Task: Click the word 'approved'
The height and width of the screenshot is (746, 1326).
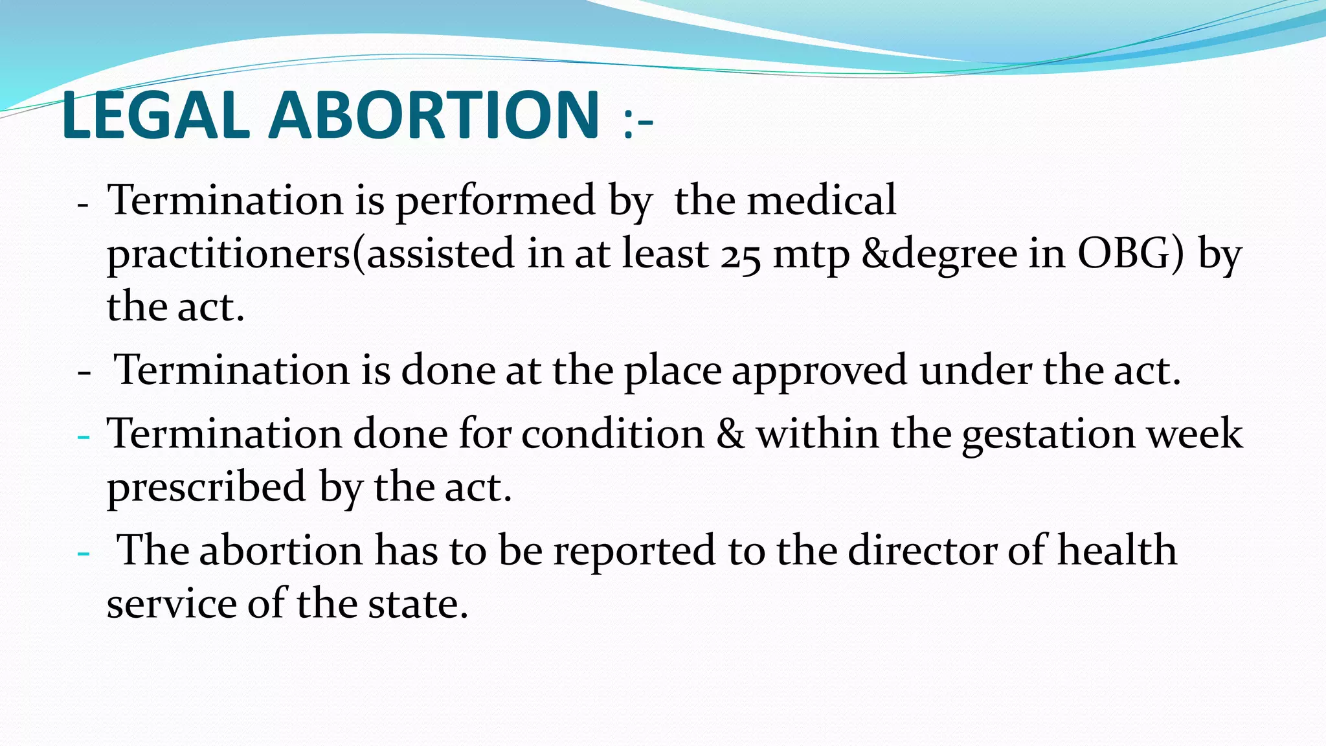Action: pyautogui.click(x=820, y=372)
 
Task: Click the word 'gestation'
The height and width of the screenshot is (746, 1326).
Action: pyautogui.click(x=1048, y=435)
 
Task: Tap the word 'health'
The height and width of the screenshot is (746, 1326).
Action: pyautogui.click(x=1117, y=550)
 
